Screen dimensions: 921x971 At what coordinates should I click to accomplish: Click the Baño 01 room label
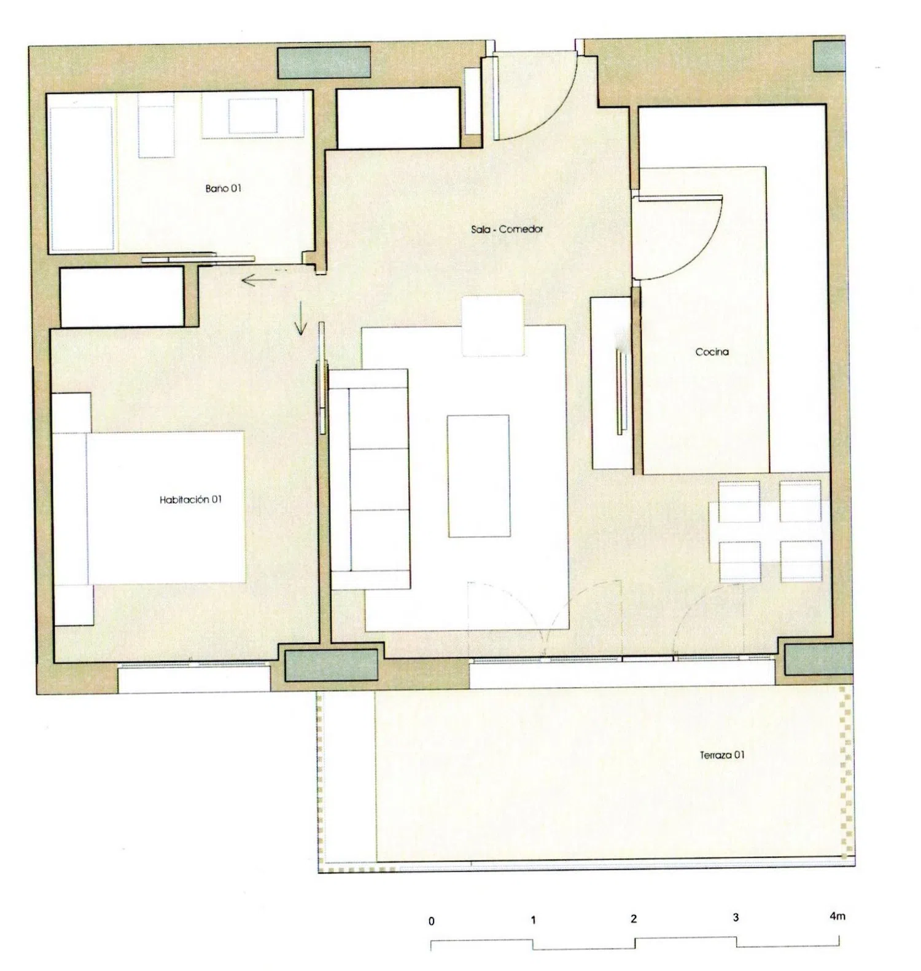click(x=223, y=189)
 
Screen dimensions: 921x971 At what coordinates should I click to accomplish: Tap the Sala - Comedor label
click(x=507, y=229)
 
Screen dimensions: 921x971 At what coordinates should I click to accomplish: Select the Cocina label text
click(x=712, y=352)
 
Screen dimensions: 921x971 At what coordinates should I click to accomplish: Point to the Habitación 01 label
click(x=190, y=500)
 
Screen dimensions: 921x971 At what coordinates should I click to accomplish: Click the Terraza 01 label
click(x=722, y=755)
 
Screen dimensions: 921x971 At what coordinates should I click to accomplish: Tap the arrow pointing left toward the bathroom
click(x=258, y=281)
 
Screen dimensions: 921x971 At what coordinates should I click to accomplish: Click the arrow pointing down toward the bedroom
click(x=300, y=318)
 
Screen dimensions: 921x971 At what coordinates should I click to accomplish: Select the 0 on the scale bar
click(x=432, y=921)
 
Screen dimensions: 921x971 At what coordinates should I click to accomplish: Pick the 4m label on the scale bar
click(x=837, y=916)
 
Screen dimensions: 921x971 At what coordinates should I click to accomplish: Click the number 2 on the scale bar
click(x=634, y=919)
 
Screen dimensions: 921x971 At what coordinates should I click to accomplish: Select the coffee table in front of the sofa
click(x=479, y=476)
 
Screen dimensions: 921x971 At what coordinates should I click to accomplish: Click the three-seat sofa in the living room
click(x=370, y=479)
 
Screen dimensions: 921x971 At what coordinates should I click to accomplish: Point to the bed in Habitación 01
click(x=149, y=508)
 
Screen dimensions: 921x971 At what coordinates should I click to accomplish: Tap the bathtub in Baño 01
click(x=82, y=178)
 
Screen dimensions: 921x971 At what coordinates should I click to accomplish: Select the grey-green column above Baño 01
click(x=324, y=63)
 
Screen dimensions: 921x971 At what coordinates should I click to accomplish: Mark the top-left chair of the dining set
click(x=739, y=501)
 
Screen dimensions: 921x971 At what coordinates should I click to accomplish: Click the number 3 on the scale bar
click(x=736, y=918)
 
